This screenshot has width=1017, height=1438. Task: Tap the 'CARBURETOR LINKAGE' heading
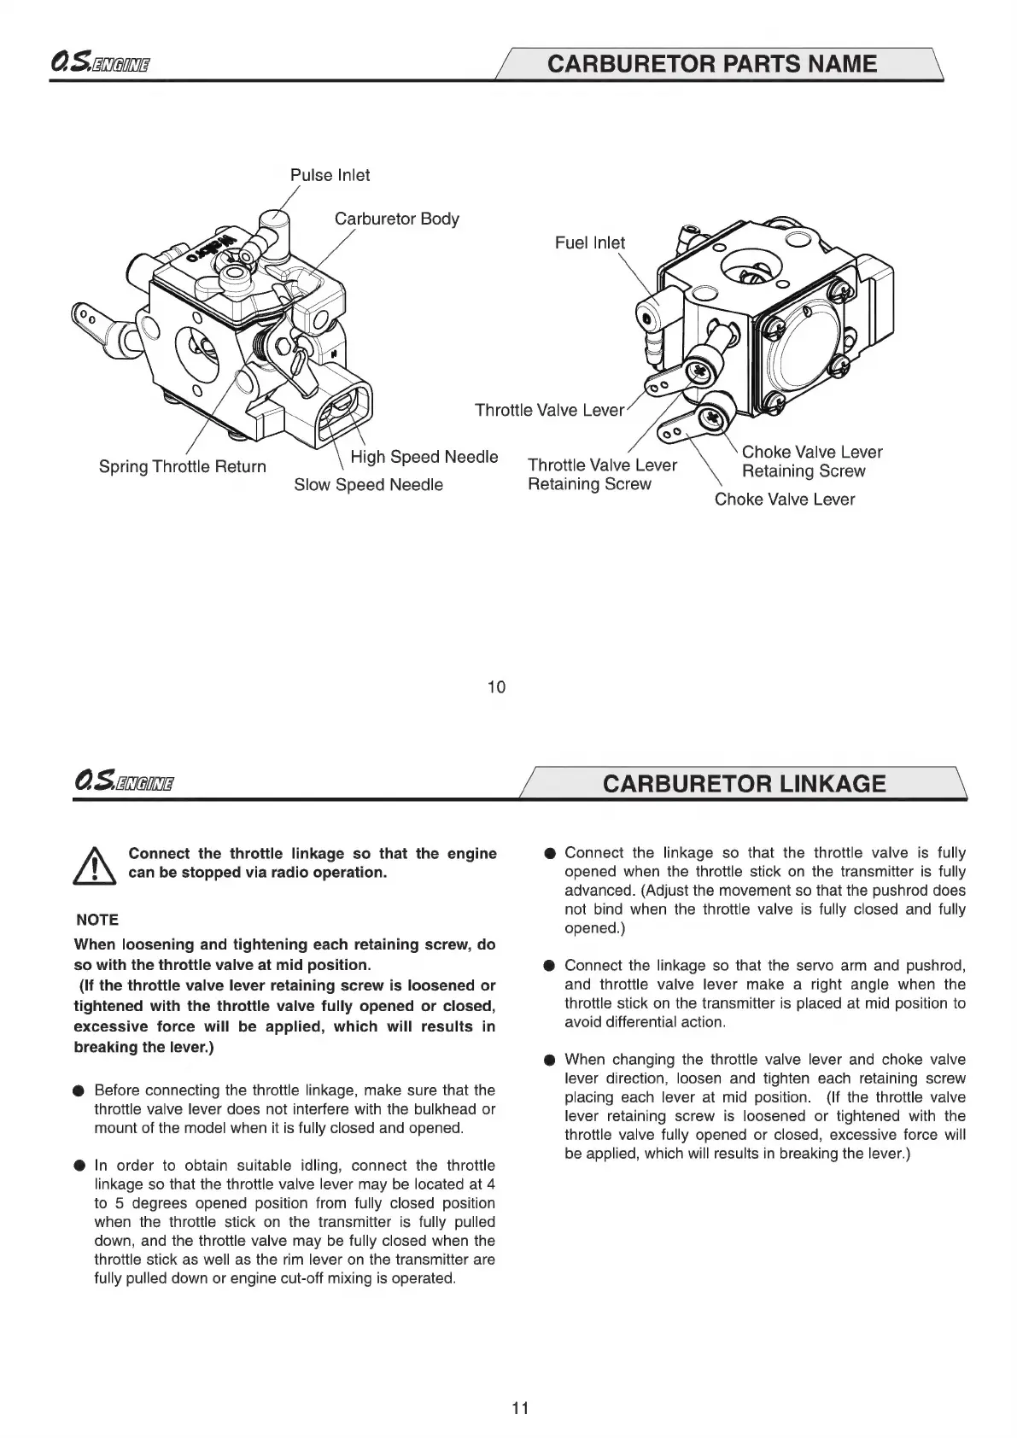tap(744, 784)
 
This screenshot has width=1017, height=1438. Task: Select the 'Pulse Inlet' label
tap(330, 175)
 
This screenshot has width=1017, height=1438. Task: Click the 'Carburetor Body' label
tap(396, 219)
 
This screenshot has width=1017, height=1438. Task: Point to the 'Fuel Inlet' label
tap(589, 243)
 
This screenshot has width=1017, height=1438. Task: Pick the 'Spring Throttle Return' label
tap(182, 466)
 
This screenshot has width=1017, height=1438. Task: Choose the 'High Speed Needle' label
tap(424, 457)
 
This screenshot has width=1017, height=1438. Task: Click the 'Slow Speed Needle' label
tap(368, 485)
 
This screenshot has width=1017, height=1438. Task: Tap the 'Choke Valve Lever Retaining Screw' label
tap(811, 461)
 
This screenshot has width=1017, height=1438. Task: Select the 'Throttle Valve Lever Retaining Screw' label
tap(601, 474)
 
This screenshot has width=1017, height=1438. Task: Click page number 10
tap(496, 687)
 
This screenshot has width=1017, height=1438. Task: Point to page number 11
tap(520, 1408)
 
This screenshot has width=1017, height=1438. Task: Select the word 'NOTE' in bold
tap(97, 920)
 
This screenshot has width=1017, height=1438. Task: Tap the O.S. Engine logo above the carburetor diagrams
tap(101, 64)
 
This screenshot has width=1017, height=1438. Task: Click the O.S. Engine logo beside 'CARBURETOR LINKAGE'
tap(125, 782)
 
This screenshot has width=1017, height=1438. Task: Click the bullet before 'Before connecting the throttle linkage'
tap(79, 1090)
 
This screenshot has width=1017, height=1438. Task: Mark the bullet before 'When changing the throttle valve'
tap(549, 1061)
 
